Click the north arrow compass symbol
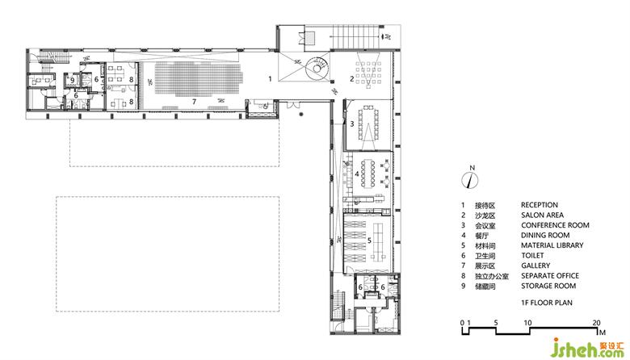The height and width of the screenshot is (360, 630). [470, 180]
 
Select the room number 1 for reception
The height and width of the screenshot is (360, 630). [270, 78]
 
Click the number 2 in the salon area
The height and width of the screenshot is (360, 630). [351, 78]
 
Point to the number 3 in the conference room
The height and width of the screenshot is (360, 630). [351, 124]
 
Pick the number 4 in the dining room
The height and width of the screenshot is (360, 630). [357, 174]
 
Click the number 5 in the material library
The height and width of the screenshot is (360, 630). [369, 240]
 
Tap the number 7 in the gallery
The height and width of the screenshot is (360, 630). [194, 102]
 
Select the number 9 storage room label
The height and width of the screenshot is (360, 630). [73, 80]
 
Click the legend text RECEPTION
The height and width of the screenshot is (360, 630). [540, 205]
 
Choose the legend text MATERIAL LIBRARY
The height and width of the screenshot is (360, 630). [552, 245]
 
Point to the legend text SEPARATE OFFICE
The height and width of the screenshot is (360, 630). [550, 276]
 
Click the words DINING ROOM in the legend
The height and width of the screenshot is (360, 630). [545, 235]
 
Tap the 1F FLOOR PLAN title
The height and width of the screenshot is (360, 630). [547, 303]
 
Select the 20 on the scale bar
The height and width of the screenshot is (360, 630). [596, 323]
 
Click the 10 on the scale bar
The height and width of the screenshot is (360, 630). [527, 323]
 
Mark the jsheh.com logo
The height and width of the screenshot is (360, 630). [587, 348]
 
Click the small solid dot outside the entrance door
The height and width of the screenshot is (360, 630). [301, 115]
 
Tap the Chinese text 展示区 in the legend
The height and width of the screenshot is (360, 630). [485, 266]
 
